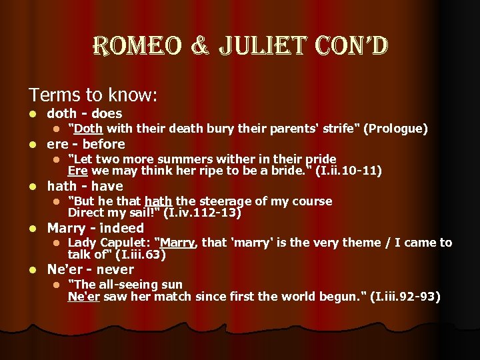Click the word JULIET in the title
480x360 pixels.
pyautogui.click(x=255, y=47)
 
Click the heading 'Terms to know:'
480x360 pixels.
pyautogui.click(x=93, y=95)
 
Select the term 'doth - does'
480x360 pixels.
pyautogui.click(x=84, y=114)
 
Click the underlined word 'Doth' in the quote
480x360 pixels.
pyautogui.click(x=85, y=129)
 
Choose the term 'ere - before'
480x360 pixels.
pyautogui.click(x=85, y=144)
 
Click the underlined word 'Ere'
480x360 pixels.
pyautogui.click(x=77, y=171)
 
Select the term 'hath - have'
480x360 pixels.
pyautogui.click(x=85, y=186)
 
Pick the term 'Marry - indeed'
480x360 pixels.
pyautogui.click(x=95, y=228)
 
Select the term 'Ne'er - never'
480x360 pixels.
pyautogui.click(x=90, y=269)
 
